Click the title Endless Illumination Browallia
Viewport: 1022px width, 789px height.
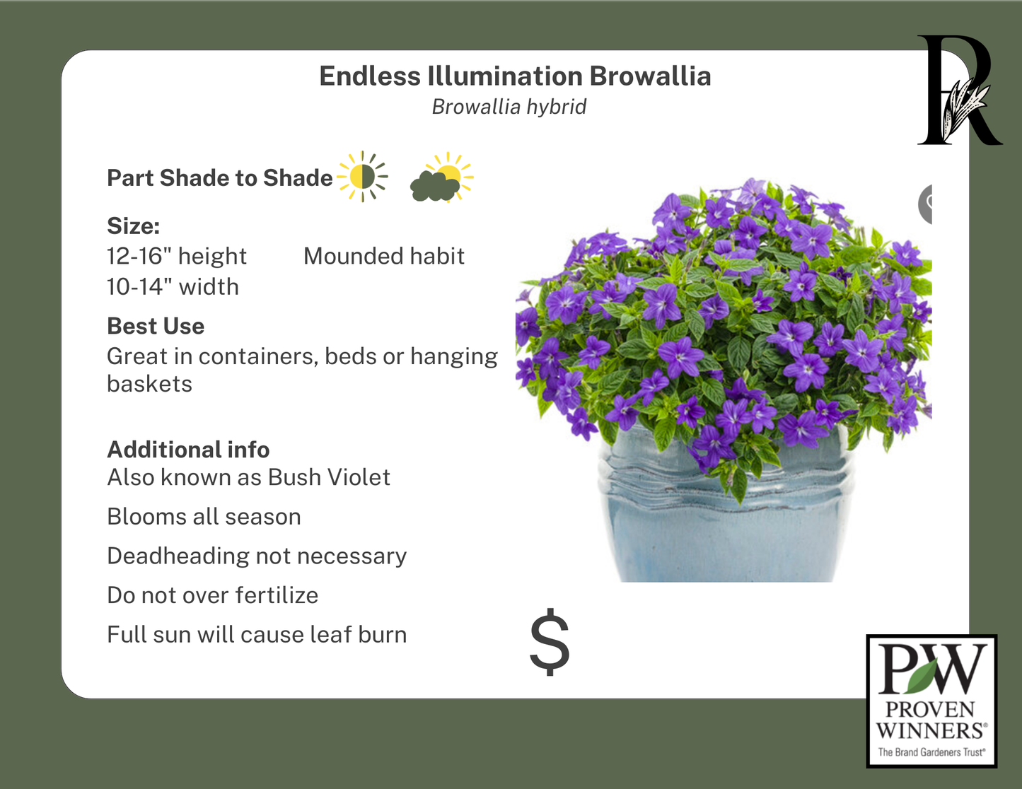tap(515, 76)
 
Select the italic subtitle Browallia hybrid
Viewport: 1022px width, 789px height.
tap(509, 107)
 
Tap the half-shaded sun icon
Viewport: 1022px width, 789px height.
tap(363, 177)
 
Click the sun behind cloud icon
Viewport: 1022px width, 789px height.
tap(441, 178)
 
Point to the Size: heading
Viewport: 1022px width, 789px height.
tap(134, 226)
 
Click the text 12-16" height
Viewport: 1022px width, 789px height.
tap(177, 256)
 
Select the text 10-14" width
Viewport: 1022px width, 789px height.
tap(173, 287)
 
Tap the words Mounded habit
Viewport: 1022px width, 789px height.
tap(384, 256)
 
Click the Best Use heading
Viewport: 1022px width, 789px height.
tap(156, 326)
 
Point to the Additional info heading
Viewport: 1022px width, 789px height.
tap(188, 450)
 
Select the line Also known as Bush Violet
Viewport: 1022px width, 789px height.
tap(248, 478)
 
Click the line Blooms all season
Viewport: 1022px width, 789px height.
tap(204, 517)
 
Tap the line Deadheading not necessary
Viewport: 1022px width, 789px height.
tap(257, 556)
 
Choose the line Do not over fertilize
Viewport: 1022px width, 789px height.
tap(212, 595)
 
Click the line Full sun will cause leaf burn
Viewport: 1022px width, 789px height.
tap(257, 635)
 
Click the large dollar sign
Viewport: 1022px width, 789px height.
tap(550, 643)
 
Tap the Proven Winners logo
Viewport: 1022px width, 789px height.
tap(931, 701)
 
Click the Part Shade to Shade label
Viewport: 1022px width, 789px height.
tap(219, 178)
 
